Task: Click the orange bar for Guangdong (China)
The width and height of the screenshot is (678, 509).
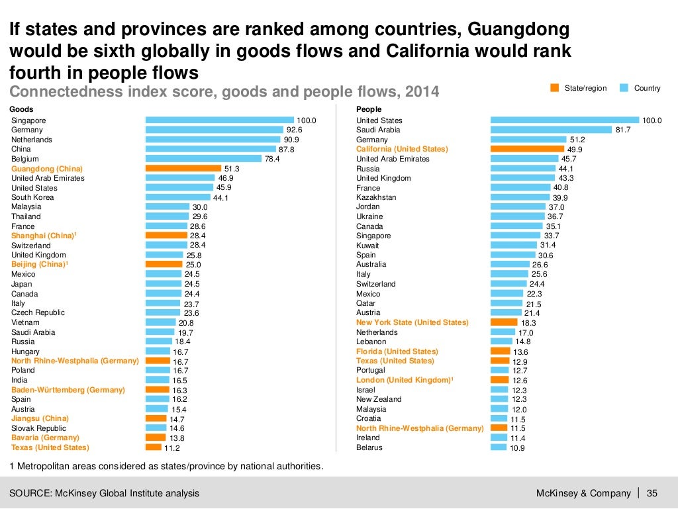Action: [183, 169]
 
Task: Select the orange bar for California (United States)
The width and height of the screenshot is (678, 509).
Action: [527, 149]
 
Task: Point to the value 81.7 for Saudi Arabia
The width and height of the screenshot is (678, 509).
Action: [623, 130]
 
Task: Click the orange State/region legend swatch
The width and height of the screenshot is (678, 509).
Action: [554, 88]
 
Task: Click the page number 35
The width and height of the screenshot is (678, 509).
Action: [652, 493]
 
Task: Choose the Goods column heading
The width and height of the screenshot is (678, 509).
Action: [22, 109]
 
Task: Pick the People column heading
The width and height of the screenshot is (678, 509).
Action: [369, 109]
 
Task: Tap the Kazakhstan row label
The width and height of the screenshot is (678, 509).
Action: [376, 197]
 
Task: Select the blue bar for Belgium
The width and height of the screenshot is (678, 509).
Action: [203, 159]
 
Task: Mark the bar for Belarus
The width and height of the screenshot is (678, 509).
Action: [498, 447]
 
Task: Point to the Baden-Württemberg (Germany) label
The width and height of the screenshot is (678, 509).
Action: [68, 390]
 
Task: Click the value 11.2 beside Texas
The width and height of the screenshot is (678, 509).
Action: [172, 448]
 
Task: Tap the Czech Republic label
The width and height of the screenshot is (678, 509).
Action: [38, 312]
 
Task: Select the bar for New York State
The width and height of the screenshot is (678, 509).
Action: [504, 322]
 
